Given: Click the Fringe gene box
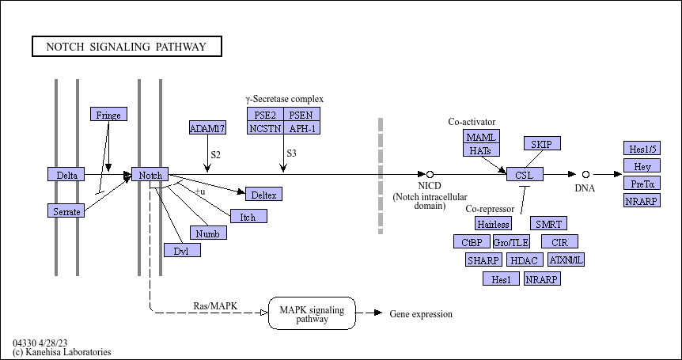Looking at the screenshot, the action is pyautogui.click(x=108, y=114).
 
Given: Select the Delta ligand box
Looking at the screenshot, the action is pyautogui.click(x=66, y=174).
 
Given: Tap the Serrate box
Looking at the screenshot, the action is pyautogui.click(x=66, y=210).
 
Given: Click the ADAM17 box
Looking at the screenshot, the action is pyautogui.click(x=207, y=127).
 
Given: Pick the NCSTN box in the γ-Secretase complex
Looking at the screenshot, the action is pyautogui.click(x=265, y=127).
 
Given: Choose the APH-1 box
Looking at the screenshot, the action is pyautogui.click(x=302, y=127).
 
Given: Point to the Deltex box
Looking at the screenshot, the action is pyautogui.click(x=264, y=194).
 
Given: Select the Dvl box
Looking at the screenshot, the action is pyautogui.click(x=182, y=250).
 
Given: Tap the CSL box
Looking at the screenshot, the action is pyautogui.click(x=525, y=174).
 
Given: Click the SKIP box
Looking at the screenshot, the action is pyautogui.click(x=543, y=143).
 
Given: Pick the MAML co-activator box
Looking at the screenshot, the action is pyautogui.click(x=482, y=136).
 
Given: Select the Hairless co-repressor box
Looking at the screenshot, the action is pyautogui.click(x=493, y=223).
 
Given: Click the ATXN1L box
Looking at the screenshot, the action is pyautogui.click(x=566, y=260).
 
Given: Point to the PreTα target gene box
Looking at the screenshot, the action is pyautogui.click(x=642, y=183).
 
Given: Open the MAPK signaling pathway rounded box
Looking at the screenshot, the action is pyautogui.click(x=312, y=313).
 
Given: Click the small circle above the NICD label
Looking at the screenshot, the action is pyautogui.click(x=430, y=174).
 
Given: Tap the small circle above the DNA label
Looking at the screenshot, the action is pyautogui.click(x=585, y=174).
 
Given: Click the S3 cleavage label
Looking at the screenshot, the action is pyautogui.click(x=291, y=153).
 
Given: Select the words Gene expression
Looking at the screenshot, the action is pyautogui.click(x=421, y=314).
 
